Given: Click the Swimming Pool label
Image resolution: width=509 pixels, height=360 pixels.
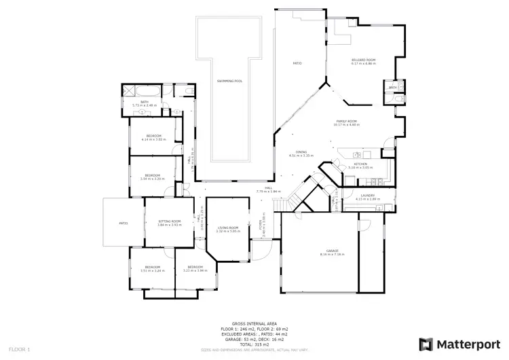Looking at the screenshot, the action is tap(229, 81).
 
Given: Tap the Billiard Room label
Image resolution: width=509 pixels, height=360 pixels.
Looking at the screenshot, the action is tap(364, 60).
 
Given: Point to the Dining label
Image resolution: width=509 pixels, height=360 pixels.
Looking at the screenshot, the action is tap(301, 152).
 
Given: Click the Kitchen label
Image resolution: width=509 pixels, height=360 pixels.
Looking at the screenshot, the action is tap(360, 164).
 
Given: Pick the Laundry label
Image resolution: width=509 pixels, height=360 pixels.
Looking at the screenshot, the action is tap(368, 196).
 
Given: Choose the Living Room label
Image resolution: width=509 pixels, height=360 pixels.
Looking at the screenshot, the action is tap(228, 228).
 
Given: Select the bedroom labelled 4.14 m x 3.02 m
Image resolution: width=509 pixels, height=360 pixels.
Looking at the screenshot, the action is tap(154, 136).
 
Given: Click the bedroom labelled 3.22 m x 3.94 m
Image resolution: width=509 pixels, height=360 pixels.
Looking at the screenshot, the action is tap(195, 267).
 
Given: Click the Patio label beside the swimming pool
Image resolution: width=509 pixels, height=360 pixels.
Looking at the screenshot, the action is tap(297, 63).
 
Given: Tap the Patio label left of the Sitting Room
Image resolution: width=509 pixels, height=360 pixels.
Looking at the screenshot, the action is tap(124, 222).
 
